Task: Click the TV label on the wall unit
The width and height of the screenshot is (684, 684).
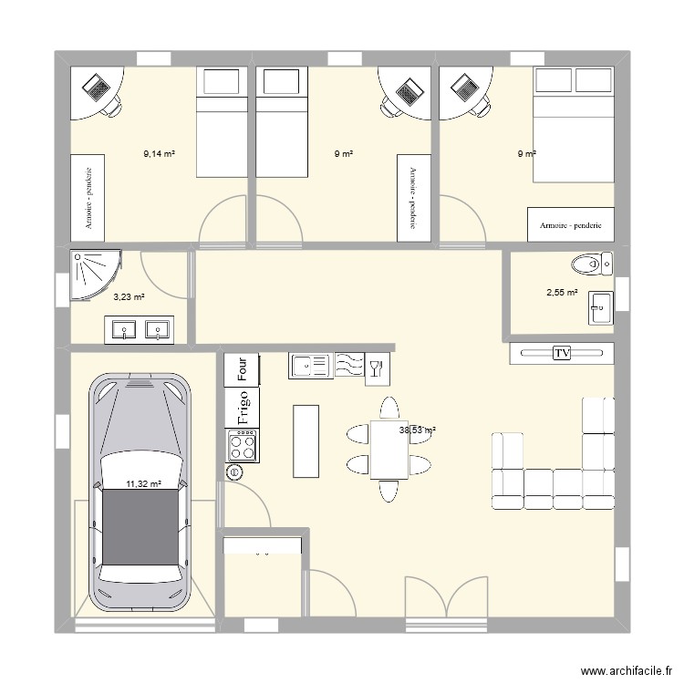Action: coord(562,352)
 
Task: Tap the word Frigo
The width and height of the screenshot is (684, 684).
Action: coord(243,408)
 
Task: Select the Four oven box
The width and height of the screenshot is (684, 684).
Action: coord(242,369)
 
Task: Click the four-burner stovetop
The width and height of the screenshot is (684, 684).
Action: coord(242,445)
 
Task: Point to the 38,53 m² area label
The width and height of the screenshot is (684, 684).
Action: coord(418,430)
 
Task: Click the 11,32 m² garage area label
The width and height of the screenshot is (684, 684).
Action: coord(144,483)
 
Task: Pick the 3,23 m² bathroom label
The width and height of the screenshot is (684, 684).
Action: coord(130,297)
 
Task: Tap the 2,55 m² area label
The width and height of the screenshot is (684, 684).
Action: coord(562,293)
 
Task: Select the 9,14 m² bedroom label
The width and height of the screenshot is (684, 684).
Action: coord(160,153)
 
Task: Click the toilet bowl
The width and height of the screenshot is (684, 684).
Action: coord(586,264)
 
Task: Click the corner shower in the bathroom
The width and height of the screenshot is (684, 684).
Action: coord(95,275)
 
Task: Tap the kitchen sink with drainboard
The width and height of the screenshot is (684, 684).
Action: coord(311,365)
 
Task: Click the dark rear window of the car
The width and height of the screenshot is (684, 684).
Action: coord(140,527)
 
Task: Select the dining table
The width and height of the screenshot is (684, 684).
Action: coord(389,450)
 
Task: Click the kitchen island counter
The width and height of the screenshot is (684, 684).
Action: coord(306,441)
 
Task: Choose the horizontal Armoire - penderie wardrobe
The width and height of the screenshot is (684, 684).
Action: coord(571,224)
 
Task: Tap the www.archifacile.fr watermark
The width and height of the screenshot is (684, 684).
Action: coord(627,670)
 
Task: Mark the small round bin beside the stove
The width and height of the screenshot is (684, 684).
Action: coord(235,472)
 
